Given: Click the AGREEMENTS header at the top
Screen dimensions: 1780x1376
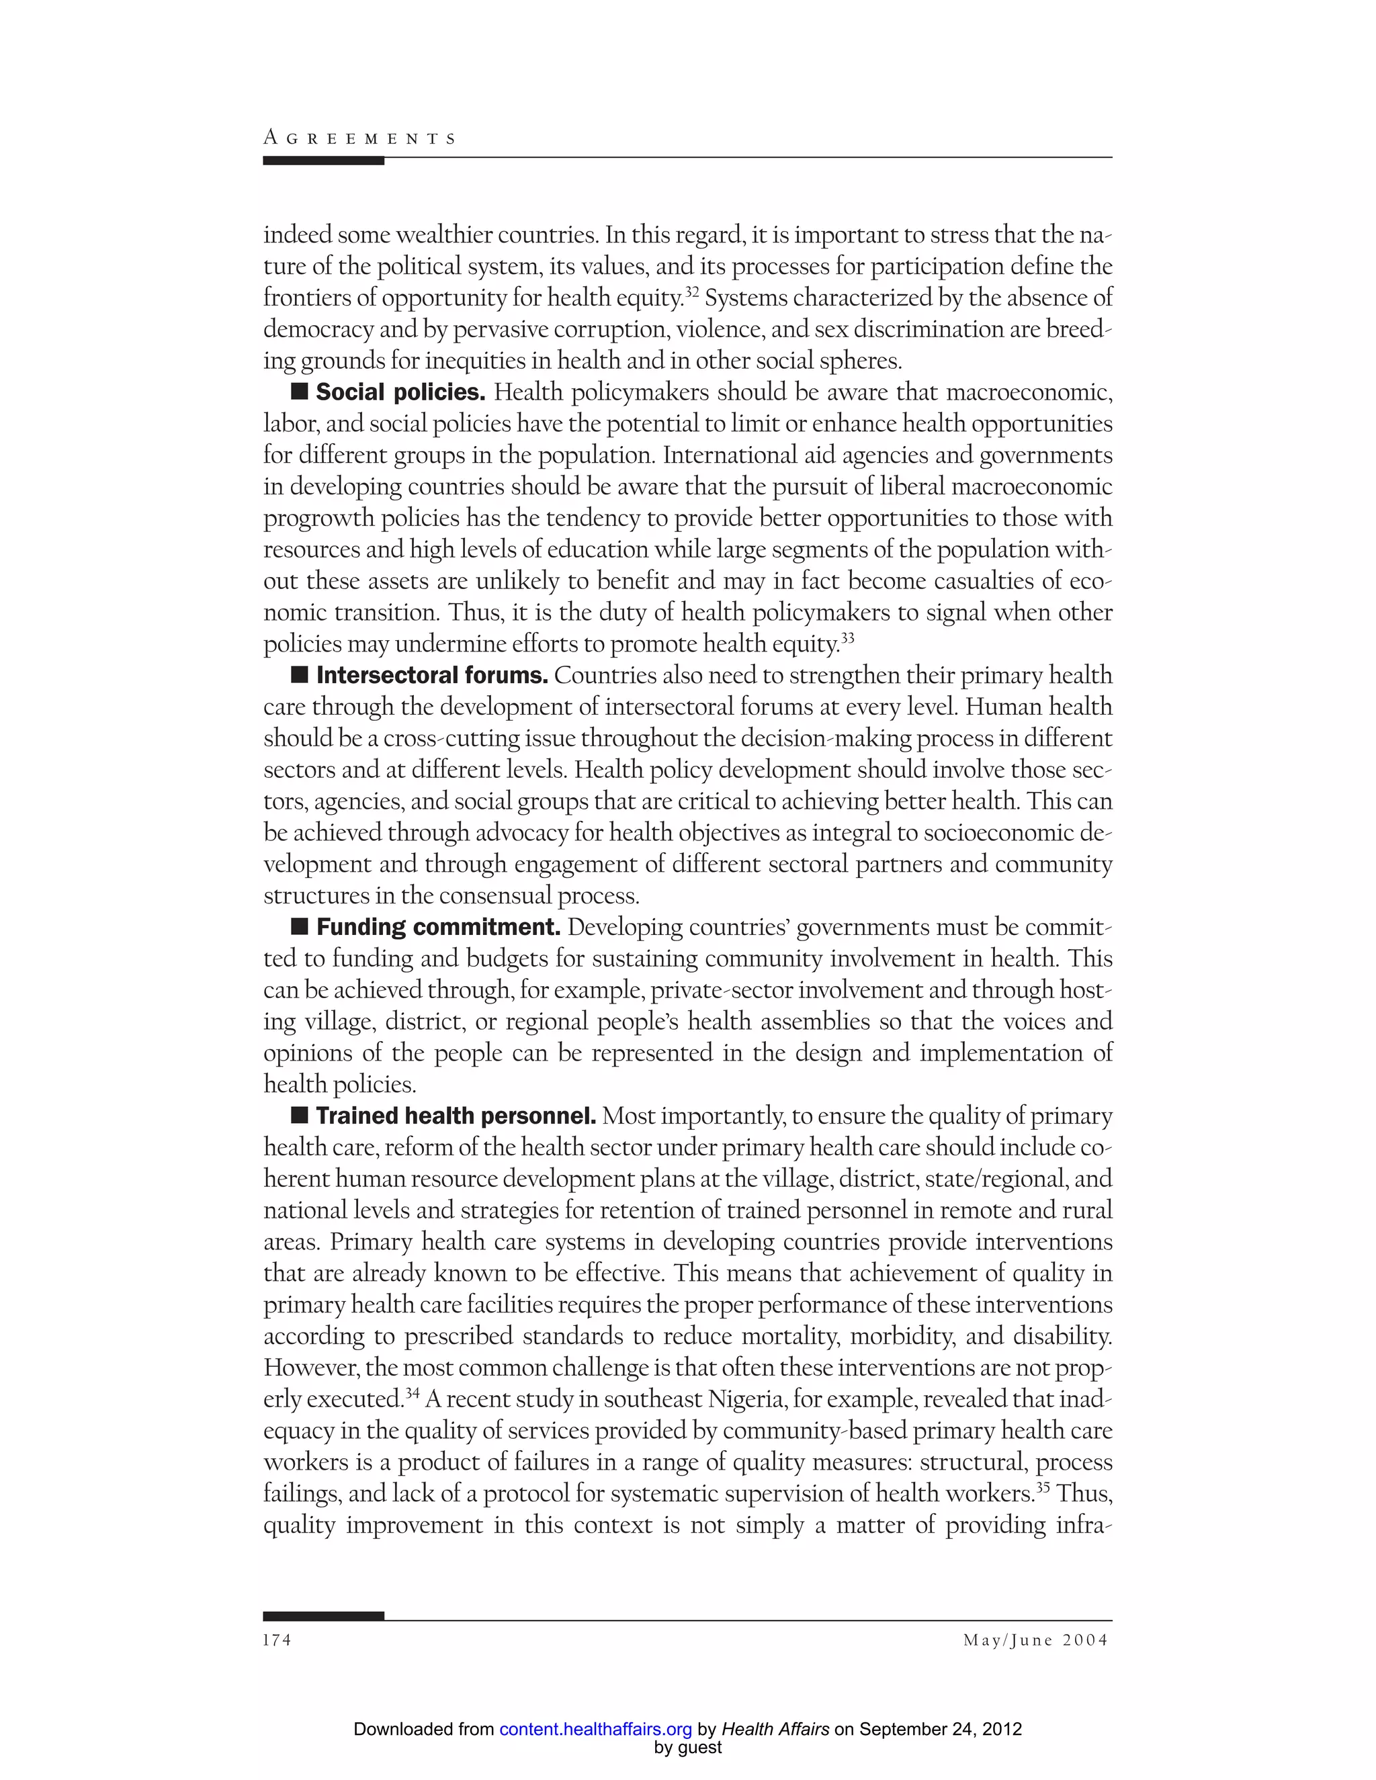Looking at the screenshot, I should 359,138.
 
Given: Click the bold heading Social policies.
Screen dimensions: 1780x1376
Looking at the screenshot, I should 400,392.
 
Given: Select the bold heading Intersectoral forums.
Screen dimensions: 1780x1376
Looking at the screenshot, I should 432,675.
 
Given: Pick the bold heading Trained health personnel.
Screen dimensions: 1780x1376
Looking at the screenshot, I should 456,1116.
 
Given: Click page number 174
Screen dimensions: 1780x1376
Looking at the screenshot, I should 277,1640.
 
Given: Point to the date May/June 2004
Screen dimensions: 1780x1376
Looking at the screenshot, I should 1035,1640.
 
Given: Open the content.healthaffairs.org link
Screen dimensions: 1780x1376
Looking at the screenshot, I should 595,1730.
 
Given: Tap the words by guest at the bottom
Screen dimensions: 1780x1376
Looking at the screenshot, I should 687,1747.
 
